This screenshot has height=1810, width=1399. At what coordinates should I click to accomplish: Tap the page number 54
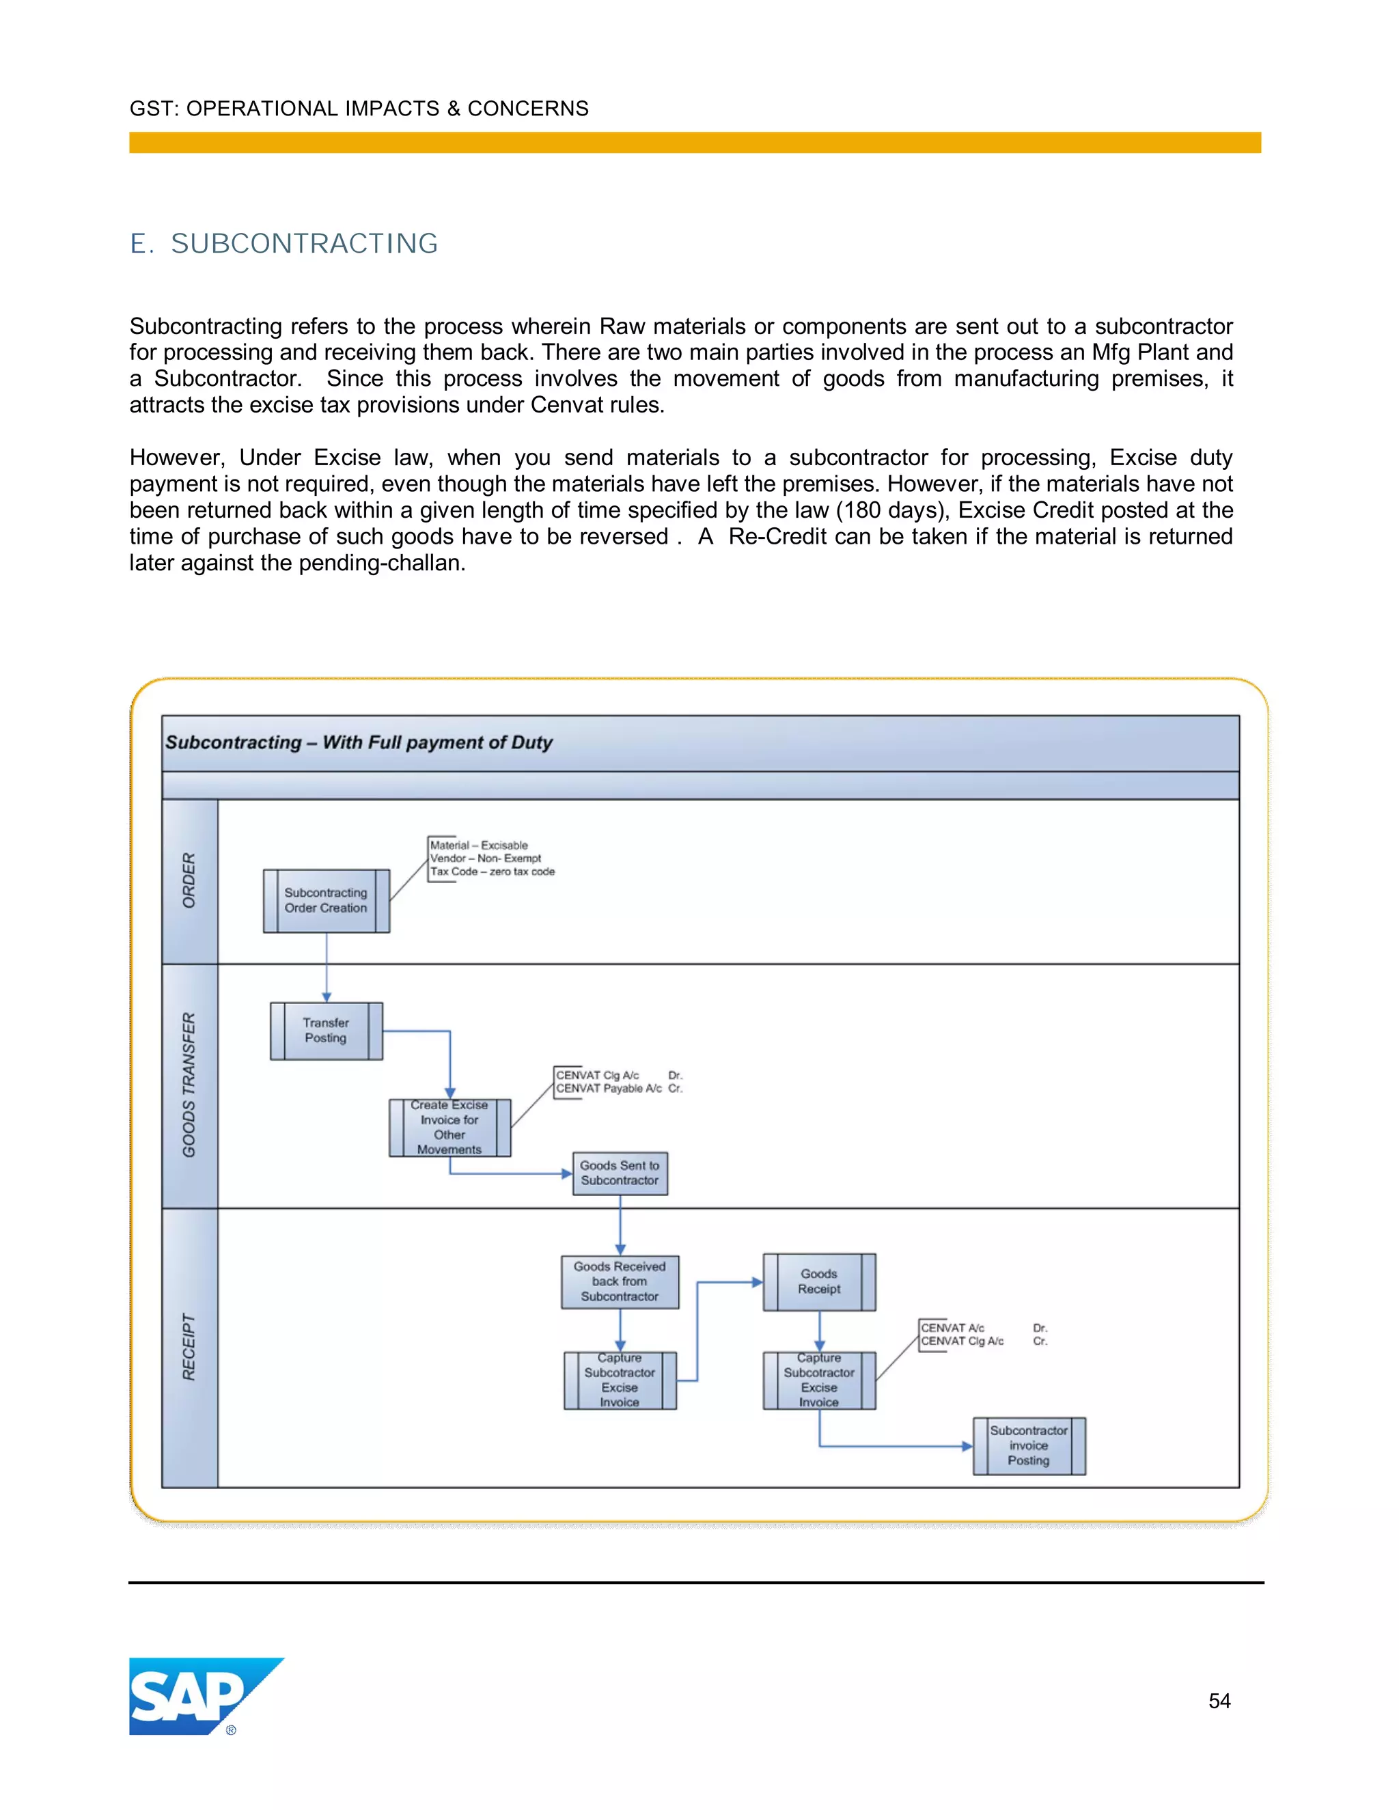coord(1219,1701)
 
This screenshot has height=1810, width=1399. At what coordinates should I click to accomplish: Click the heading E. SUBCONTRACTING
coord(283,244)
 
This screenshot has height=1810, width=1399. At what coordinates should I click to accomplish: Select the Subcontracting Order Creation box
coord(326,901)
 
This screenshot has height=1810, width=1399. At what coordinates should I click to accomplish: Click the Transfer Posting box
coord(326,1031)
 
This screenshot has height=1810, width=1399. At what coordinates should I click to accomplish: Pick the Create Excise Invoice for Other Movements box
coord(449,1128)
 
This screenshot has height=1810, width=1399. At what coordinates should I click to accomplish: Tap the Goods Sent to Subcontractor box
coord(620,1173)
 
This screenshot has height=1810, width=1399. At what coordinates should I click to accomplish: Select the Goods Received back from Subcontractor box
coord(620,1282)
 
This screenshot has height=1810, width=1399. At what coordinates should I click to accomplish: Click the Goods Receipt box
coord(819,1282)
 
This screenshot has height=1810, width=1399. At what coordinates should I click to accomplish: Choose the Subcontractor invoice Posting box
coord(1029,1446)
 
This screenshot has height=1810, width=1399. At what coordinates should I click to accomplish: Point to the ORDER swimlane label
coord(190,880)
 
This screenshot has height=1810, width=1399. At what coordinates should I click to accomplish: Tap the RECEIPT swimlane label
coord(190,1348)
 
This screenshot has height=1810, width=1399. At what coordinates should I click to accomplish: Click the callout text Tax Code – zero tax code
coord(493,872)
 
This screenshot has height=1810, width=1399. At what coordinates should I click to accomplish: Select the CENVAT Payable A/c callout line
coord(609,1089)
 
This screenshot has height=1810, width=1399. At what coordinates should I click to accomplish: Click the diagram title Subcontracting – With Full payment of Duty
coord(359,742)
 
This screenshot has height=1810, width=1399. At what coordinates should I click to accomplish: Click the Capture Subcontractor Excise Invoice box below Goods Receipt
coord(819,1380)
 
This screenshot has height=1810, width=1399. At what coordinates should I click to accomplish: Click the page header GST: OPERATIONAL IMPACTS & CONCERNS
coord(359,109)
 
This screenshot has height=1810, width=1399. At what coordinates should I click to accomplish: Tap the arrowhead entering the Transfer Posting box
coord(327,997)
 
